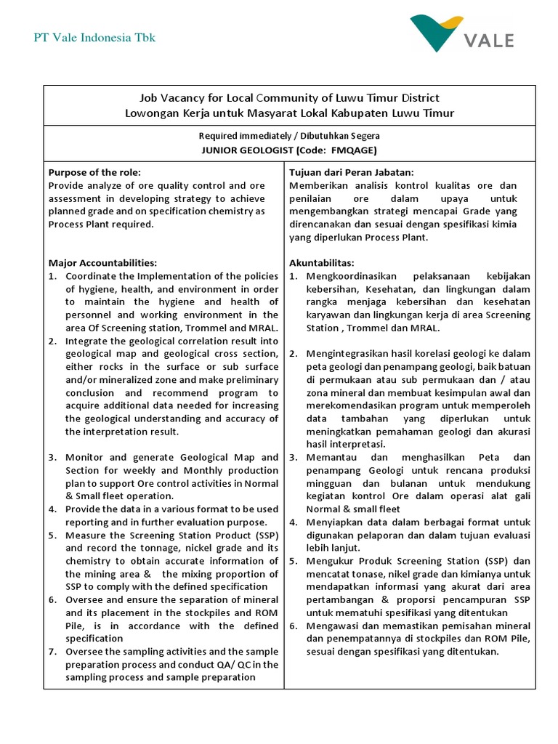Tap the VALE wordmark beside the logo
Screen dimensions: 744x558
coord(490,40)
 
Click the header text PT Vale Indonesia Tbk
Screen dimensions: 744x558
coord(94,38)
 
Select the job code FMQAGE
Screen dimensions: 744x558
coord(351,150)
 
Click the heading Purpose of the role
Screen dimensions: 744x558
coord(94,172)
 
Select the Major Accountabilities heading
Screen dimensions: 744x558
coord(102,263)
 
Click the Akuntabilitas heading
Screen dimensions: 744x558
coord(322,263)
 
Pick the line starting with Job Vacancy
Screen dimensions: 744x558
coord(289,97)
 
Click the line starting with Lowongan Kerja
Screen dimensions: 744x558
coord(289,113)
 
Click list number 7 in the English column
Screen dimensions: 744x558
coord(52,651)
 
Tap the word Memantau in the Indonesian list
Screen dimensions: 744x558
coord(331,458)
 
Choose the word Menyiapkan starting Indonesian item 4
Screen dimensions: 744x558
coord(333,522)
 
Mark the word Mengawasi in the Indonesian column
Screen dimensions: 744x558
coord(333,626)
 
